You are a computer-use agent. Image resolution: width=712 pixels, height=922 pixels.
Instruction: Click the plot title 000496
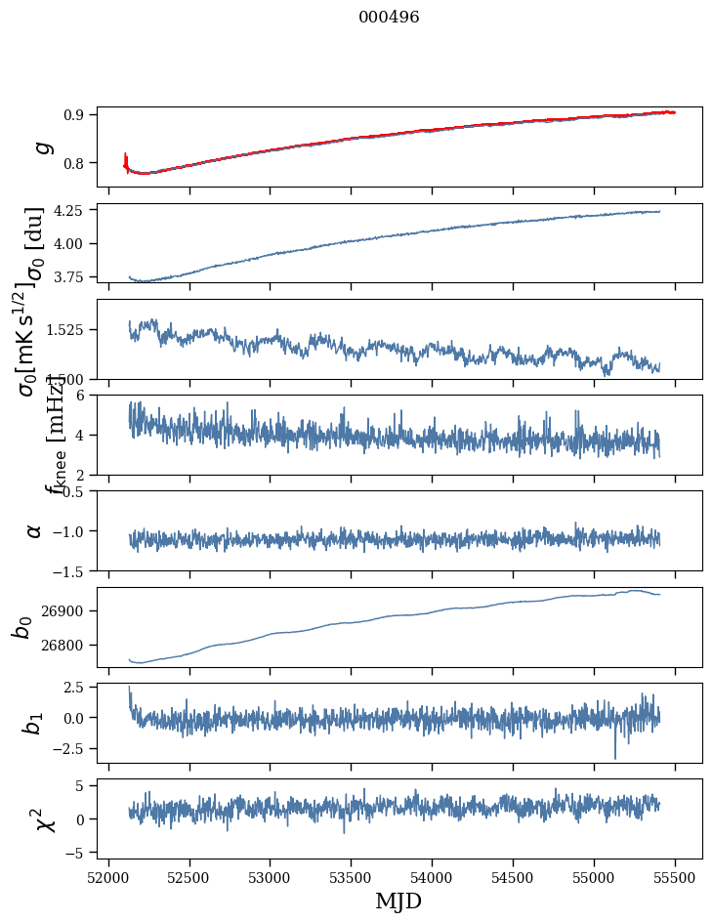[389, 18]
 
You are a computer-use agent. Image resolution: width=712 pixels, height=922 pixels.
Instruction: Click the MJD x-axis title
[398, 901]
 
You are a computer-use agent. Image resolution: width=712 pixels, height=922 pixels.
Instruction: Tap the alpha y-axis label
[34, 530]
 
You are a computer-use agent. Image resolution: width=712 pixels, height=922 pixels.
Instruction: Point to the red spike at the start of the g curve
[126, 158]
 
